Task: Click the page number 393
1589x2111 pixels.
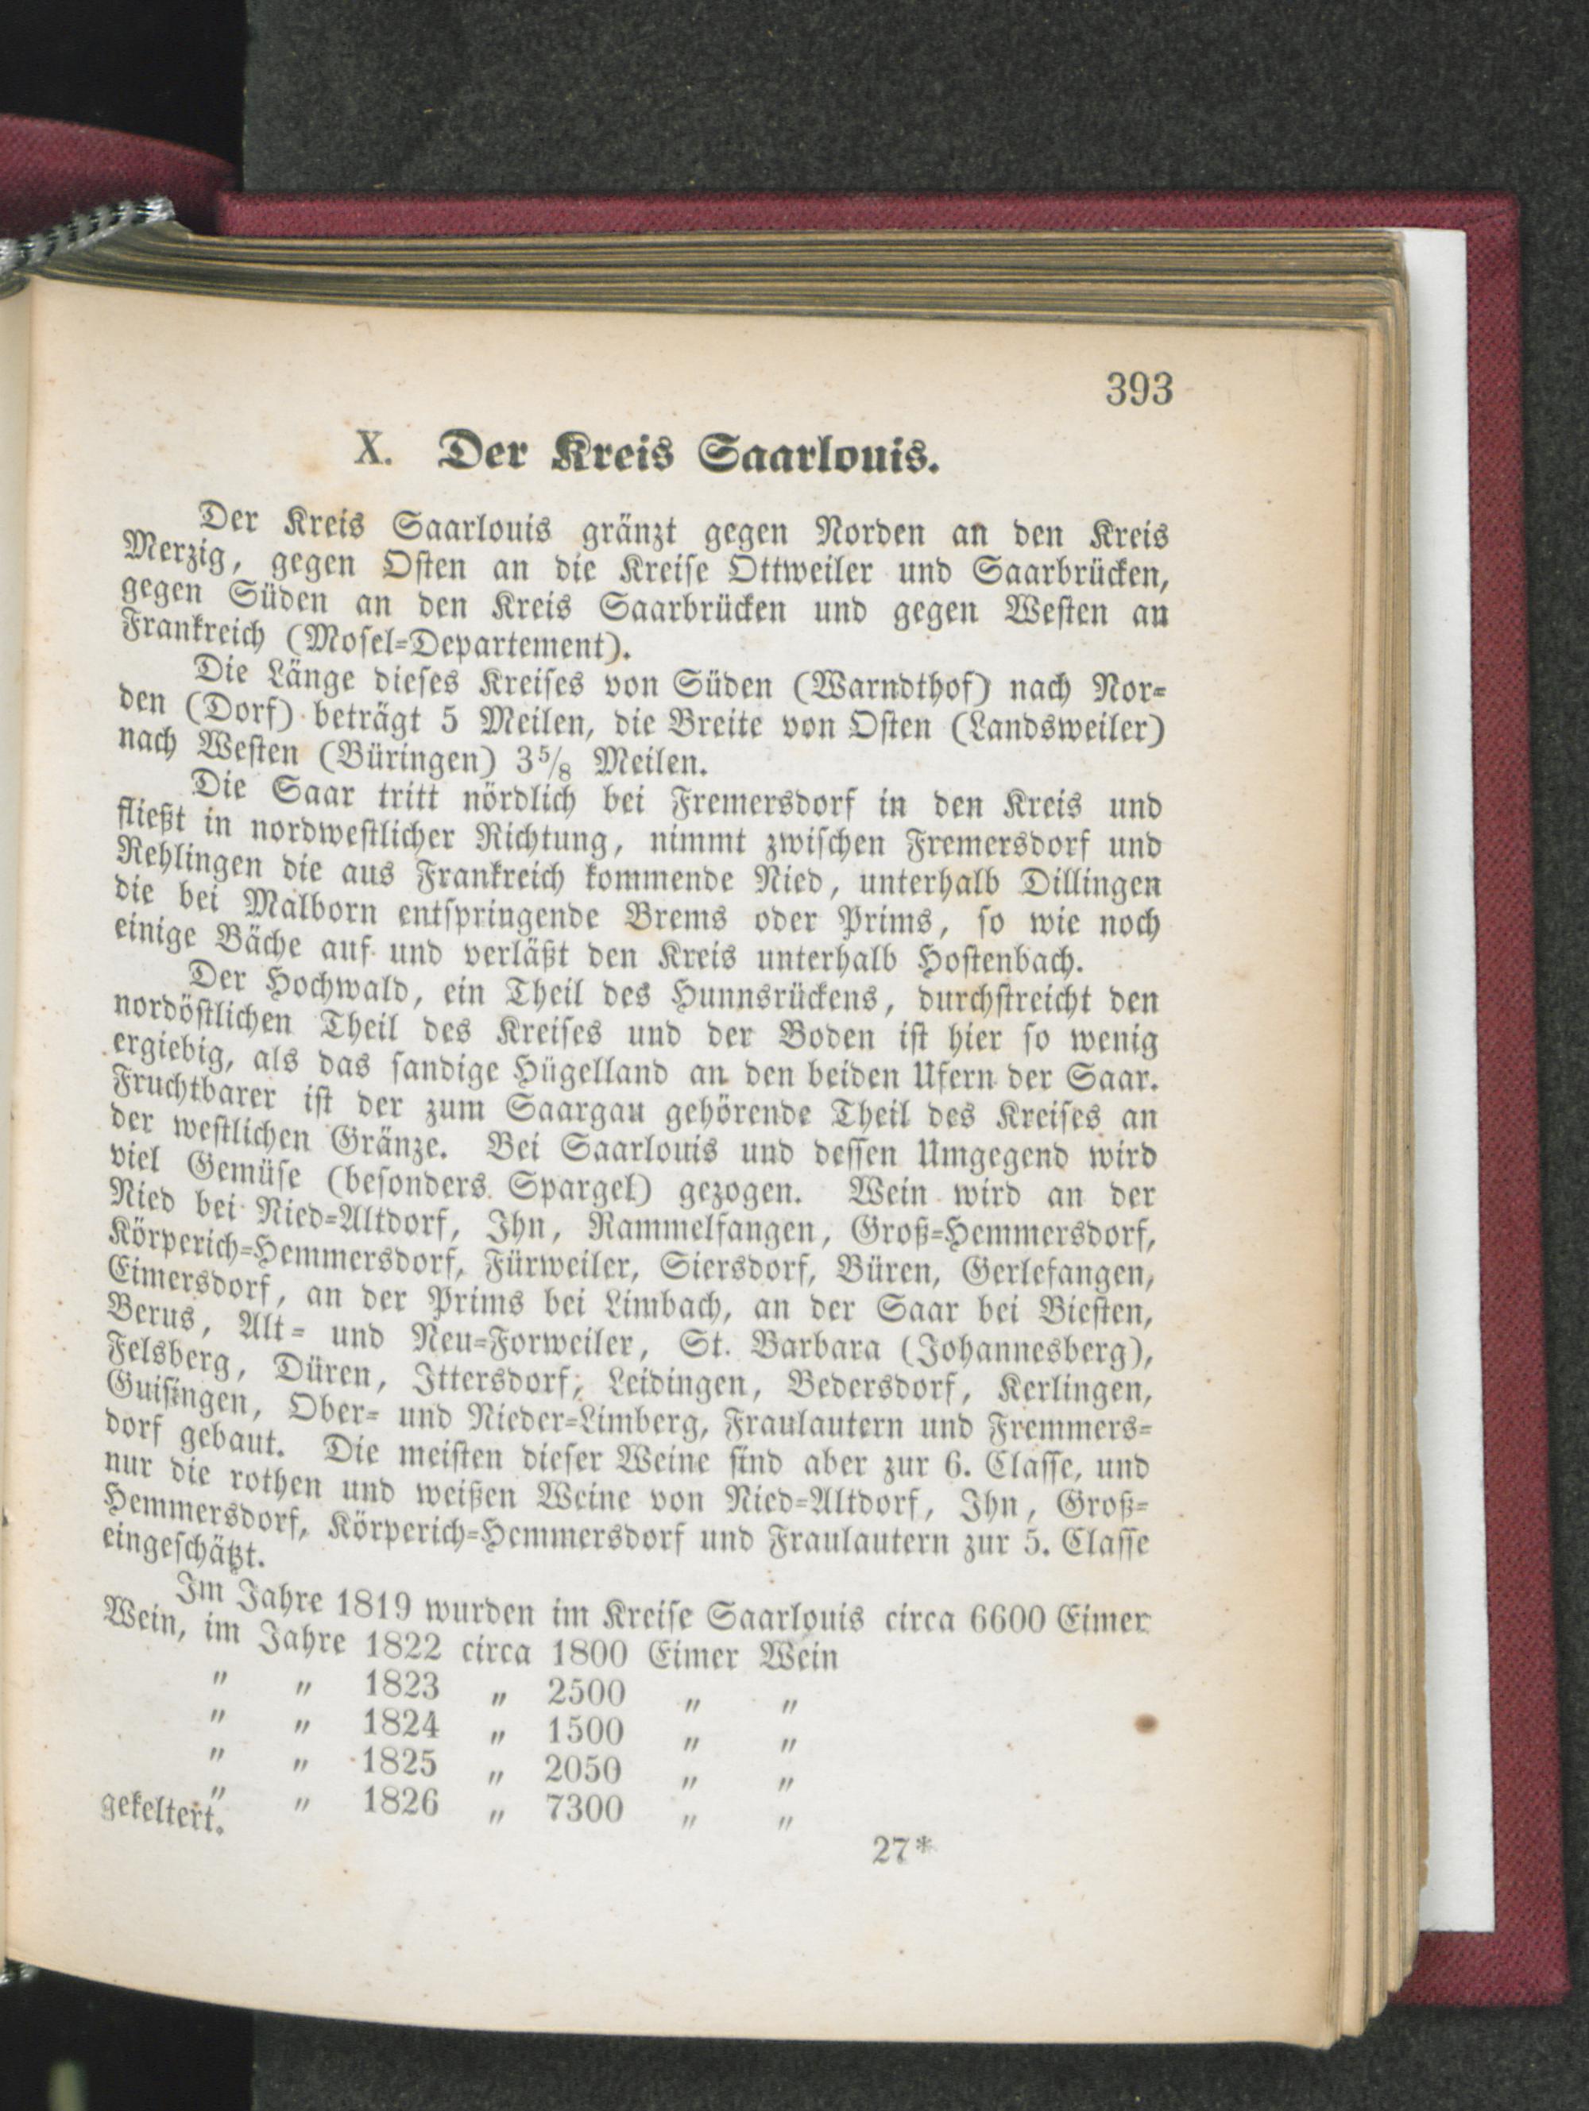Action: click(x=1139, y=389)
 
